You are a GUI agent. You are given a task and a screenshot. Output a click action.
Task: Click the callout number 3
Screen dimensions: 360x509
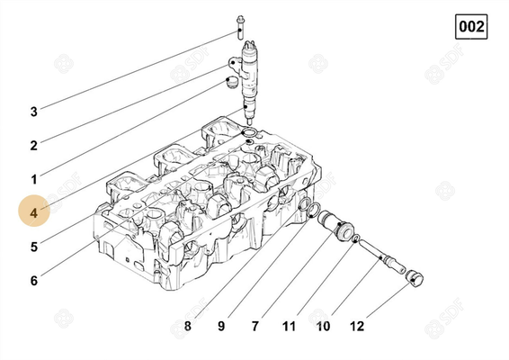point(34,112)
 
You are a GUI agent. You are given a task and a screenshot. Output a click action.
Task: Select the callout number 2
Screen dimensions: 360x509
point(34,145)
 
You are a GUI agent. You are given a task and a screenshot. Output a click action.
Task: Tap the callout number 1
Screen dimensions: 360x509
point(34,179)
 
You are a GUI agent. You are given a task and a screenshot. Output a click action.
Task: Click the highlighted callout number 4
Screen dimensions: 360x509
point(34,213)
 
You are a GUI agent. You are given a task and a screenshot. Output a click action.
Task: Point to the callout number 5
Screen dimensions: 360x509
point(34,247)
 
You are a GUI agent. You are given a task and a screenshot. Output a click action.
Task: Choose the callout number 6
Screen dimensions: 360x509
point(34,281)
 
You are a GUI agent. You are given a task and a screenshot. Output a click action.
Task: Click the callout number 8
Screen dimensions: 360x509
point(187,325)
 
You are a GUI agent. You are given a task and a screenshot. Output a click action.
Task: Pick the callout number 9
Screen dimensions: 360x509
point(221,325)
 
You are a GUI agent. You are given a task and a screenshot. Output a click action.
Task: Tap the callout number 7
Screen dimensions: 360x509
point(255,325)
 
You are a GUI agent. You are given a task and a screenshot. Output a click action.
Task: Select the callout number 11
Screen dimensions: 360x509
point(289,325)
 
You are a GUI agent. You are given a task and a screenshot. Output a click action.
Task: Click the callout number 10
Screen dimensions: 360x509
point(322,325)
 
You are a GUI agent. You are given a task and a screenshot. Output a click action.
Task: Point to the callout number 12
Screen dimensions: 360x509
point(357,325)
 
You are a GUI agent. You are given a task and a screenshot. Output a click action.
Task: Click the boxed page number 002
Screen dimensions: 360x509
point(471,27)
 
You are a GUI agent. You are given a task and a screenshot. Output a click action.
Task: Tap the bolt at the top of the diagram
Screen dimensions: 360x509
point(240,24)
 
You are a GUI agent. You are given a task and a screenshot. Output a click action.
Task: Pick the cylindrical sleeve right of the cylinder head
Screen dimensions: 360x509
point(339,226)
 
